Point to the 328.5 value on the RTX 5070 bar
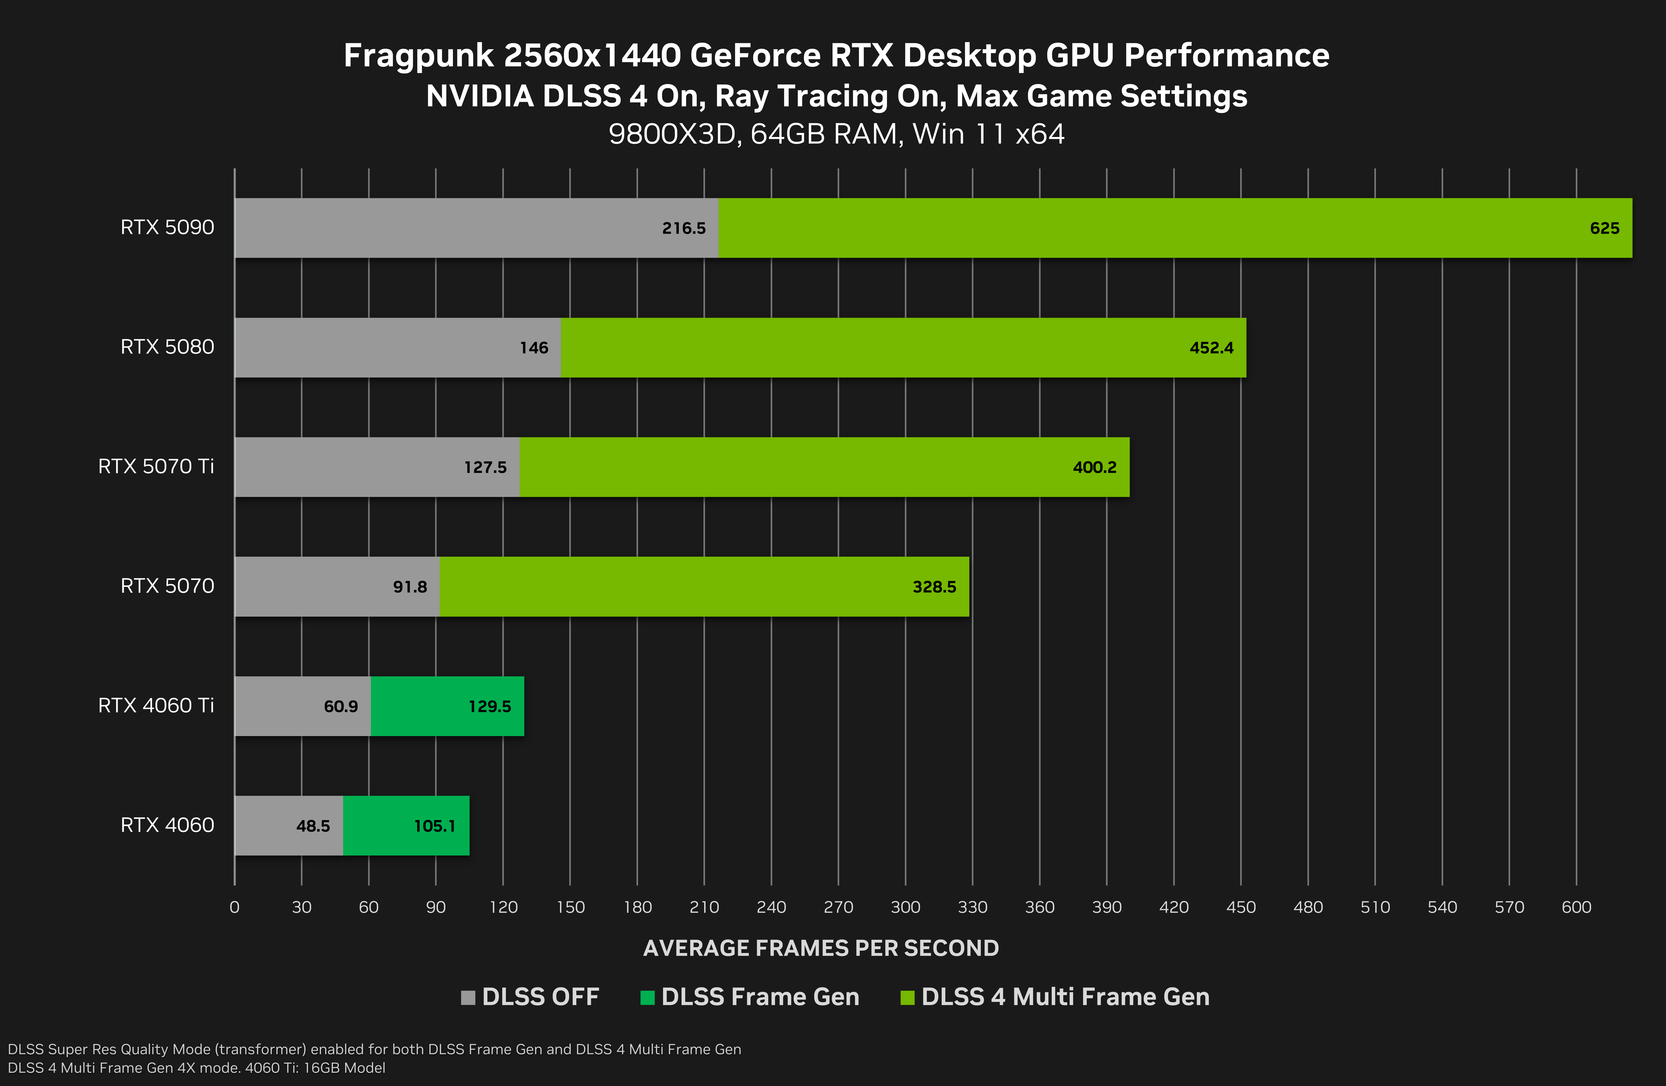934,587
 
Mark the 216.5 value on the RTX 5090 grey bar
684,228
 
